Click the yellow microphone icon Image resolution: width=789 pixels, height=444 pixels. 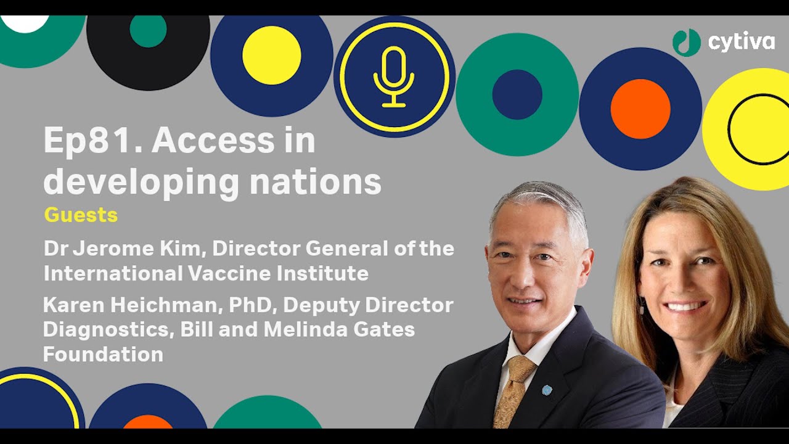pyautogui.click(x=394, y=77)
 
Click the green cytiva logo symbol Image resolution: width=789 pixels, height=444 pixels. pyautogui.click(x=687, y=43)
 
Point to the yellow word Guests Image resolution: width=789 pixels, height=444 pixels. pyautogui.click(x=81, y=215)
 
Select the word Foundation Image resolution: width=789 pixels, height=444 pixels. pyautogui.click(x=103, y=354)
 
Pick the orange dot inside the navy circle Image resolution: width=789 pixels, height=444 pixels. pyautogui.click(x=640, y=109)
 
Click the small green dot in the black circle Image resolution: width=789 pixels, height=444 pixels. pyautogui.click(x=148, y=30)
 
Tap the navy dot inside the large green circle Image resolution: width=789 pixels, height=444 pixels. pyautogui.click(x=517, y=94)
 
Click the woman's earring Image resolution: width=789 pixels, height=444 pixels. pyautogui.click(x=642, y=306)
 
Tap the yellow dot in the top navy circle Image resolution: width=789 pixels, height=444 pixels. pyautogui.click(x=272, y=55)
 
